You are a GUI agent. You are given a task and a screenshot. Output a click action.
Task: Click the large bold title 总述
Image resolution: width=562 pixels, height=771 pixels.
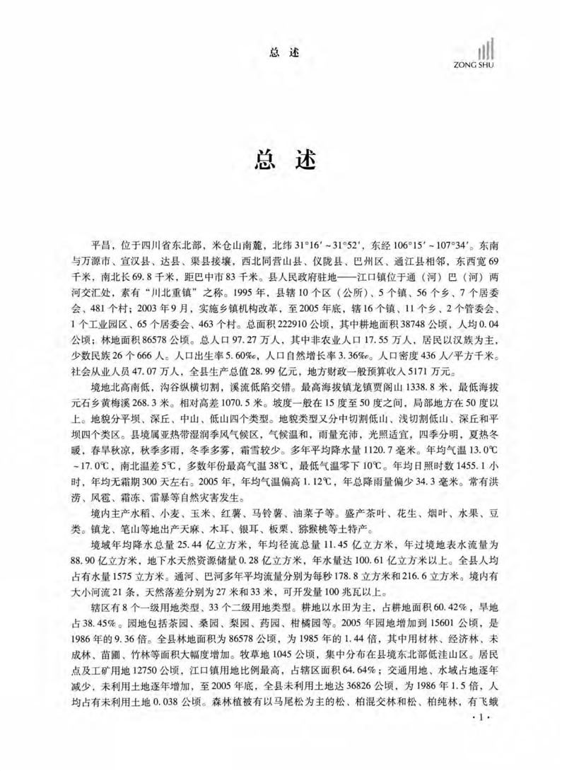coord(281,158)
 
